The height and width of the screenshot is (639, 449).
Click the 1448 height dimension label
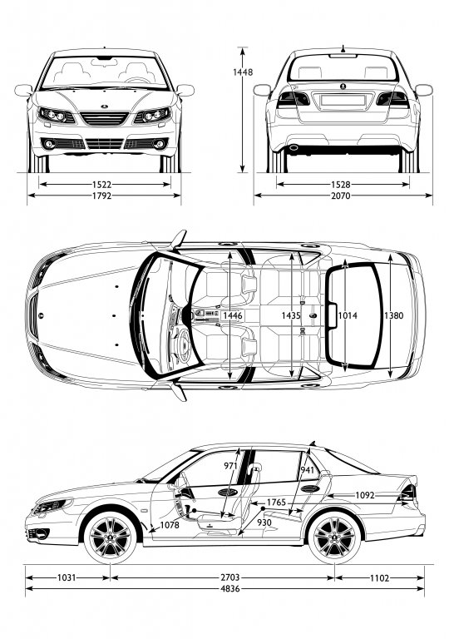[x=243, y=72]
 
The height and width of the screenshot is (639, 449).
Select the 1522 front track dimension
[x=102, y=185]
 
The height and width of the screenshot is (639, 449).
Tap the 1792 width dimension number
[x=102, y=196]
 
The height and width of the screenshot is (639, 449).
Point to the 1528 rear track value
[x=341, y=185]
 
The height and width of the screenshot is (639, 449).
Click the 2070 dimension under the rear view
[x=341, y=196]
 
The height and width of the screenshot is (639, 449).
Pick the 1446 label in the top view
[x=233, y=315]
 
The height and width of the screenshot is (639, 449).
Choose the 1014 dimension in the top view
[x=348, y=315]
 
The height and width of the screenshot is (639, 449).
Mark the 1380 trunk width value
[x=393, y=315]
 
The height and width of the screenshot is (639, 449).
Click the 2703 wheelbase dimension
[x=230, y=577]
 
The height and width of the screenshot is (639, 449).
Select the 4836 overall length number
[x=230, y=588]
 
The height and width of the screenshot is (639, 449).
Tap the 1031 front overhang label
[x=67, y=577]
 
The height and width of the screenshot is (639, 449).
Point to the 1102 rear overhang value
[x=380, y=577]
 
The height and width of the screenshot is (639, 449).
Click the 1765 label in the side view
[x=276, y=502]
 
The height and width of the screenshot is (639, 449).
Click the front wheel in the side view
[x=110, y=537]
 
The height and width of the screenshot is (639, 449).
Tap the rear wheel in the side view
[x=334, y=537]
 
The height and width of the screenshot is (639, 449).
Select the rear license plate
[x=343, y=100]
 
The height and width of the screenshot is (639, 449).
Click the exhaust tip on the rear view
[x=294, y=148]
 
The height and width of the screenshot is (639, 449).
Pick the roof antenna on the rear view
[x=343, y=49]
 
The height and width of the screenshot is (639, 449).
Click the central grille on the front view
[x=105, y=119]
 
